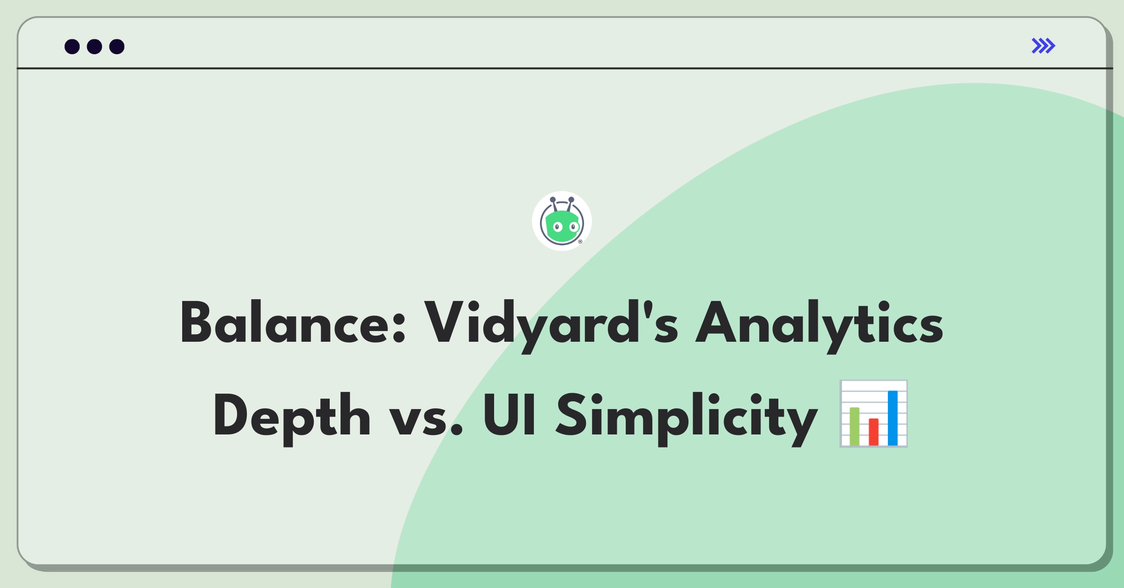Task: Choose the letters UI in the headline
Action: pyautogui.click(x=510, y=415)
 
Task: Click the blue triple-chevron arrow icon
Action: pyautogui.click(x=1043, y=46)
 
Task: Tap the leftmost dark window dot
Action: pyautogui.click(x=72, y=46)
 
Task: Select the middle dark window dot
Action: pyautogui.click(x=95, y=46)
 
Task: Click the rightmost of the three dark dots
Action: pyautogui.click(x=117, y=46)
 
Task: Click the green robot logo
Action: pyautogui.click(x=562, y=221)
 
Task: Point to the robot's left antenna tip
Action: pyautogui.click(x=553, y=200)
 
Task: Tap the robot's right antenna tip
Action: pyautogui.click(x=571, y=199)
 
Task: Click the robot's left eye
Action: pyautogui.click(x=557, y=228)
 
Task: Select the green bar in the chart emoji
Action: pyautogui.click(x=854, y=426)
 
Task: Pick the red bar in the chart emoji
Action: pyautogui.click(x=873, y=432)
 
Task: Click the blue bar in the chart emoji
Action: pyautogui.click(x=893, y=418)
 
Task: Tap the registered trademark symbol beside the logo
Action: pyautogui.click(x=580, y=242)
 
